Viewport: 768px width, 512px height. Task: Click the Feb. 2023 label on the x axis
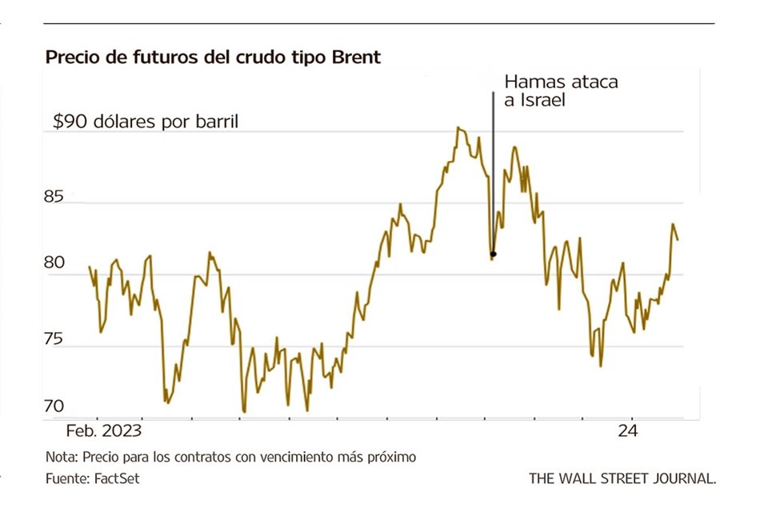pos(103,430)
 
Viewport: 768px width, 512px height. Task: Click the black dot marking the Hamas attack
pos(494,254)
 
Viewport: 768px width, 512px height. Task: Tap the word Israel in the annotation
pos(542,102)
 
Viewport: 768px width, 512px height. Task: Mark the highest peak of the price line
pos(458,127)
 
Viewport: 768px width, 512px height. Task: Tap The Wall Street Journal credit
pos(622,478)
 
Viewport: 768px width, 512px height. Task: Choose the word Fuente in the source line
pos(64,478)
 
